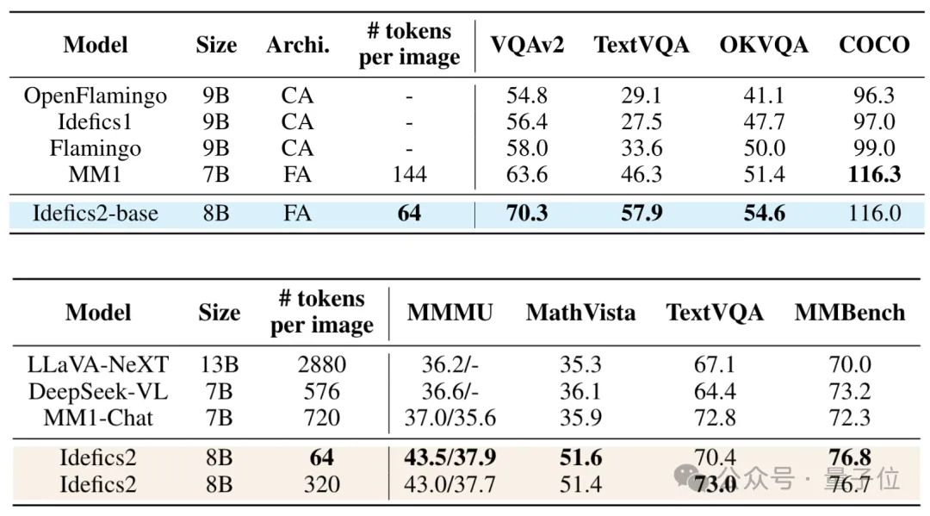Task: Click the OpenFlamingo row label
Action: [95, 96]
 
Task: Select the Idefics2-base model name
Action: [95, 213]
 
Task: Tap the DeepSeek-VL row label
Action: [98, 392]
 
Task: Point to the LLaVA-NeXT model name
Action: [98, 365]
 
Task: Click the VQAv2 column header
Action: [527, 45]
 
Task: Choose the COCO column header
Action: [874, 45]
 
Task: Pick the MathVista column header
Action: [580, 313]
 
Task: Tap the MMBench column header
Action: [849, 313]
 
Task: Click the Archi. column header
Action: [298, 45]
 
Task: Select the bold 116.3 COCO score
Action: [874, 175]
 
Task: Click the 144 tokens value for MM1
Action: [409, 175]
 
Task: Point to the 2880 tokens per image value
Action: [321, 365]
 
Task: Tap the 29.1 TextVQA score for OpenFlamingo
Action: [642, 96]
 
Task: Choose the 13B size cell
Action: [219, 365]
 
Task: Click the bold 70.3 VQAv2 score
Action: [527, 213]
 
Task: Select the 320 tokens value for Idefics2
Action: [321, 484]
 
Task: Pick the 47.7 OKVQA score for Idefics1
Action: [764, 122]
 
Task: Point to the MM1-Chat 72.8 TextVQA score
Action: [715, 418]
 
